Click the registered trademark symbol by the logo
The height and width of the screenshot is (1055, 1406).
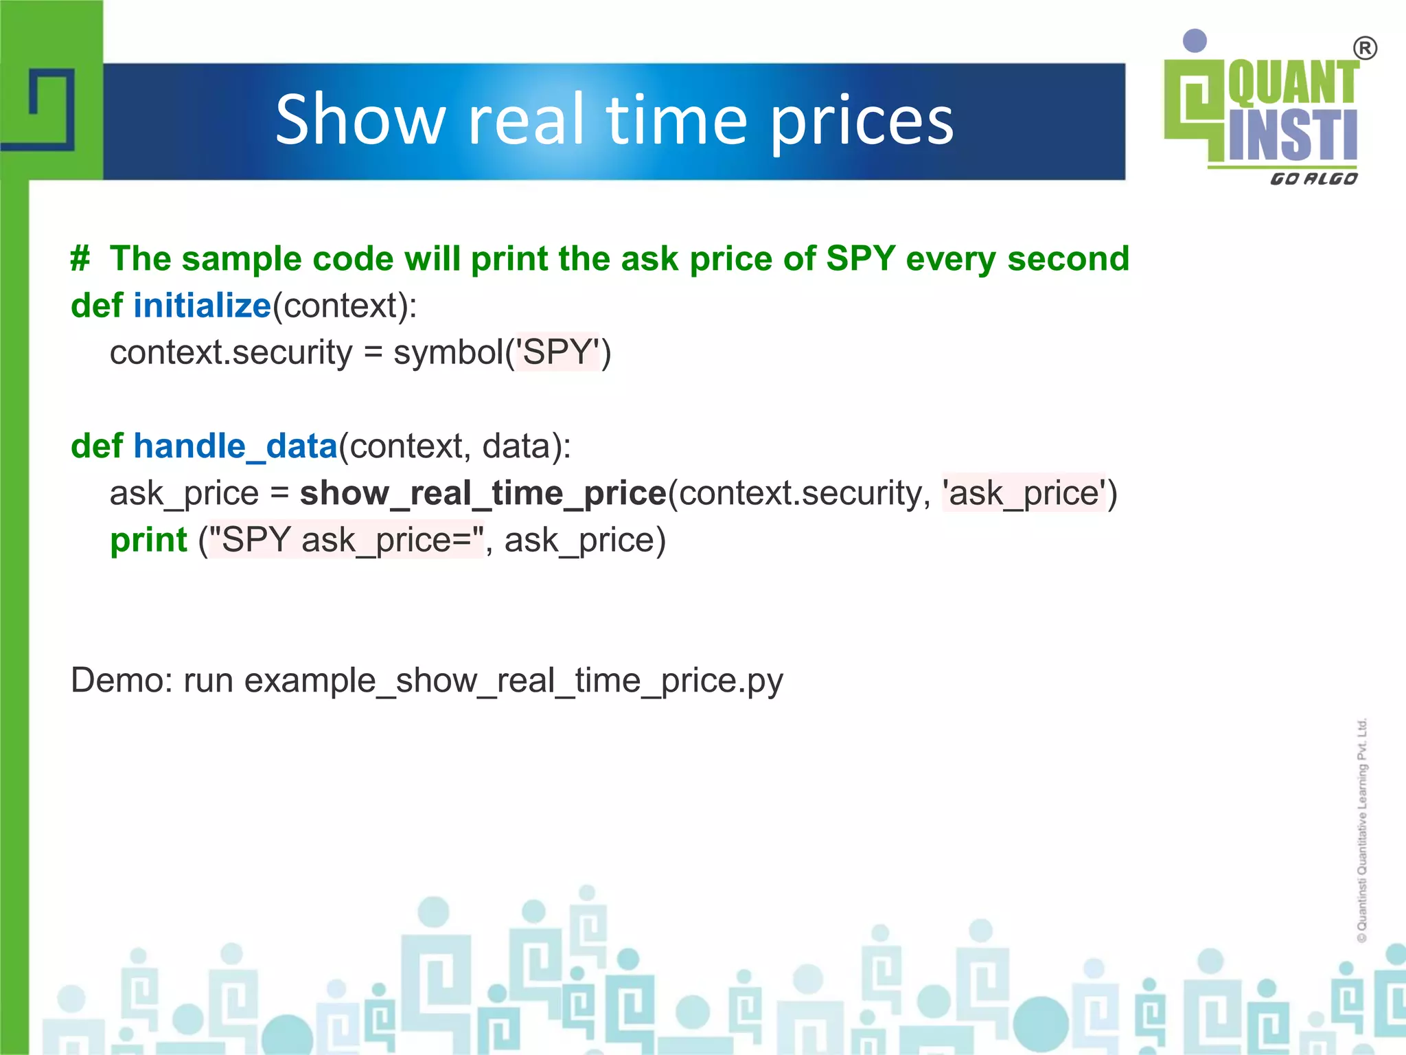pyautogui.click(x=1365, y=49)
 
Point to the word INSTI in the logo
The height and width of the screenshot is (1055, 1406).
pyautogui.click(x=1292, y=135)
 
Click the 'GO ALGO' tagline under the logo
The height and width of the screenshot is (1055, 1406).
pyautogui.click(x=1313, y=179)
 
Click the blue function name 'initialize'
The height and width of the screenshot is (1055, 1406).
pyautogui.click(x=202, y=306)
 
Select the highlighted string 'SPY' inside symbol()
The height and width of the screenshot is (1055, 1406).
pyautogui.click(x=558, y=352)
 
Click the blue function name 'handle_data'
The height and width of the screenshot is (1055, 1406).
pyautogui.click(x=235, y=446)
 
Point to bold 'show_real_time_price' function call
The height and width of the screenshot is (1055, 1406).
pyautogui.click(x=483, y=493)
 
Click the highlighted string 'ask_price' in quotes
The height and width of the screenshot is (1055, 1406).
pyautogui.click(x=1024, y=493)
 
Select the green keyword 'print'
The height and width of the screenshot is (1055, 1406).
pyautogui.click(x=148, y=540)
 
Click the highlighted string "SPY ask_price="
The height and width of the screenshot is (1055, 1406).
pyautogui.click(x=347, y=540)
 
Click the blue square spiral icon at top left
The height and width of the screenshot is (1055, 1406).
pyautogui.click(x=51, y=109)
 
